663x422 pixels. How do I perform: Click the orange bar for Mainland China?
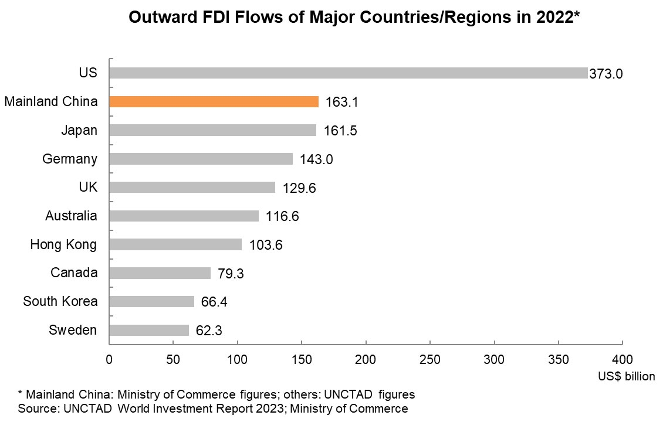click(x=214, y=102)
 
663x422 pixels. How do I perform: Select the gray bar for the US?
click(x=348, y=73)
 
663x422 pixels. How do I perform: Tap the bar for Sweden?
click(x=149, y=331)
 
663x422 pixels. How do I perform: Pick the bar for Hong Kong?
click(x=175, y=244)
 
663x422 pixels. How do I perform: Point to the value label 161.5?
click(x=340, y=131)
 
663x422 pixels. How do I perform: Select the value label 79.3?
click(x=231, y=274)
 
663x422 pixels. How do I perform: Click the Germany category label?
click(x=70, y=159)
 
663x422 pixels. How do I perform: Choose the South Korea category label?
click(x=60, y=302)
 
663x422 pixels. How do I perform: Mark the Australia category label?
click(x=71, y=216)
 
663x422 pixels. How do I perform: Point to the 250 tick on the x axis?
click(x=430, y=359)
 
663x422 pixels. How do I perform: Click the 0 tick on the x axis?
click(x=109, y=359)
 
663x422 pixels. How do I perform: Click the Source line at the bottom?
click(x=213, y=408)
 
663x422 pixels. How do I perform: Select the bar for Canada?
click(x=160, y=273)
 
